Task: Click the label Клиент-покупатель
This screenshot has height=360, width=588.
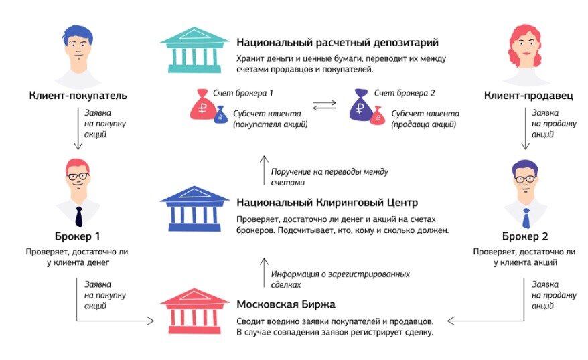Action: tap(78, 96)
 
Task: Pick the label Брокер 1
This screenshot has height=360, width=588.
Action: tap(78, 236)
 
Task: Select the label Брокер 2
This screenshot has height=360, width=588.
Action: tap(525, 236)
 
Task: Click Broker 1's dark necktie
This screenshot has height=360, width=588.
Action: tap(78, 215)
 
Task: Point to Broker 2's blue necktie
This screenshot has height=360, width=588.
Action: tap(526, 217)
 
